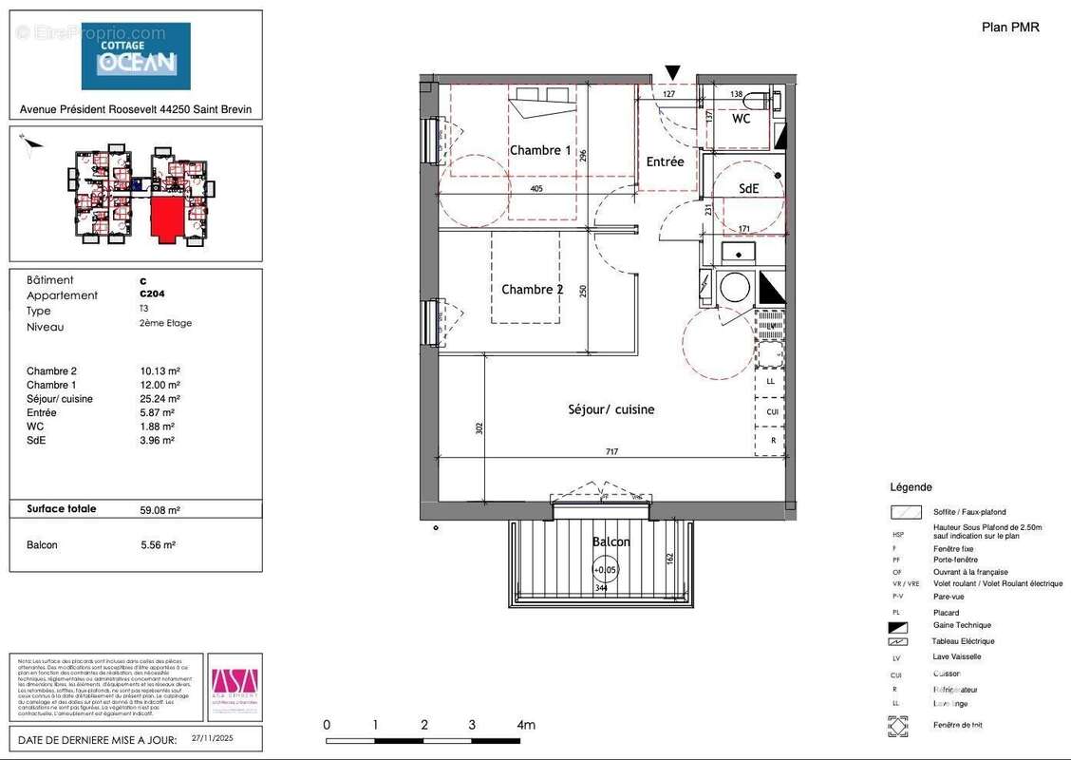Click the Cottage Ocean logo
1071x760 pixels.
point(135,55)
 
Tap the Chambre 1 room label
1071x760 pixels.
point(540,150)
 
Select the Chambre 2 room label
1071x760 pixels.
point(533,290)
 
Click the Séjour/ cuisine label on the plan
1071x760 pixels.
point(611,409)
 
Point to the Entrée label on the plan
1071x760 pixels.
point(665,162)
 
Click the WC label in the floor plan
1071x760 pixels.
point(742,120)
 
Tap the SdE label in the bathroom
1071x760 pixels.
point(749,189)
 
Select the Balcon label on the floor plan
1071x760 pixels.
point(611,541)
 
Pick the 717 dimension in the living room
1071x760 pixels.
point(611,452)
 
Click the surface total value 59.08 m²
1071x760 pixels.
point(160,509)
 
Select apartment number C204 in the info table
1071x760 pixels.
point(152,295)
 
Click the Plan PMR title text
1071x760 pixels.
point(1010,27)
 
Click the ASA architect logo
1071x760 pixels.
point(233,686)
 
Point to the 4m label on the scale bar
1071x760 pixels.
point(525,725)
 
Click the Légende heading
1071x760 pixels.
point(911,486)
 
